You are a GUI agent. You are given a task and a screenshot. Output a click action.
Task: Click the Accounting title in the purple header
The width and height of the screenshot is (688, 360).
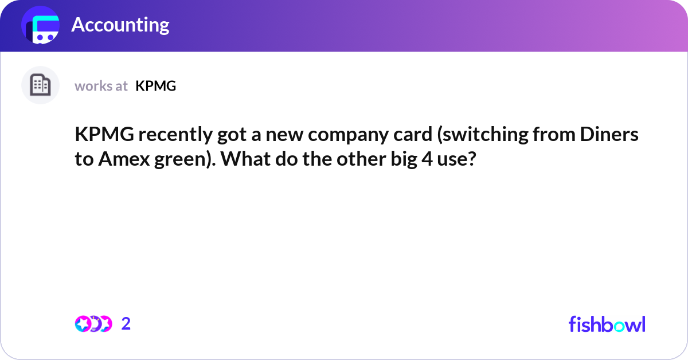point(120,25)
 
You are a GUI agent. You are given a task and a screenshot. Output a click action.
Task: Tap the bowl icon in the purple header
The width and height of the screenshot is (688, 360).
point(41,26)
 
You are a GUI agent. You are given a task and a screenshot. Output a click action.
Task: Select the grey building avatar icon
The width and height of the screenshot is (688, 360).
point(40,85)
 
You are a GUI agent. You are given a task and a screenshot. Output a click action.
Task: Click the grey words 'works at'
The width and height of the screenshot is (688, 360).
point(101,86)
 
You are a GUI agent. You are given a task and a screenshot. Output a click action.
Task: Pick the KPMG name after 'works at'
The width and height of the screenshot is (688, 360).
point(156,86)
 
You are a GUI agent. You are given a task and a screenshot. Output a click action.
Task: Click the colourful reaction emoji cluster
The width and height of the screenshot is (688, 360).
point(93,324)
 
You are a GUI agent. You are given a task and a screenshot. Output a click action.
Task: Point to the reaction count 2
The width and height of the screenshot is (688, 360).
point(126,324)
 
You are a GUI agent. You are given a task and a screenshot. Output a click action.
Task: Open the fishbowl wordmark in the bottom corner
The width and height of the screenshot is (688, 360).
point(607,324)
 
